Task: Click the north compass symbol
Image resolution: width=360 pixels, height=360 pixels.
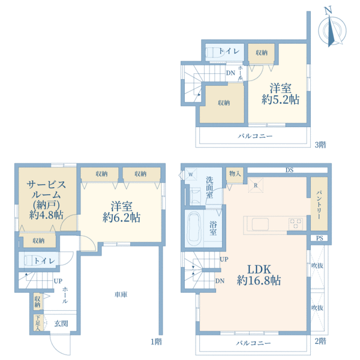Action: coord(332,29)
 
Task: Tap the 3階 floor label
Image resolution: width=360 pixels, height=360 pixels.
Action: coord(320,145)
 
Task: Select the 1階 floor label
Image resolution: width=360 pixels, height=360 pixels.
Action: coord(157,342)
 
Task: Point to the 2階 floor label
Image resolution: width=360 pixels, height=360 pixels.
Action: coord(320,341)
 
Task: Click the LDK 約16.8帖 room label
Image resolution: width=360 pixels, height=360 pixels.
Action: coord(259,275)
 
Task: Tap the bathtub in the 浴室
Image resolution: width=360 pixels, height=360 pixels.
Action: coord(194,229)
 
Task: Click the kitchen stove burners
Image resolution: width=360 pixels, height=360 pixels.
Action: coord(295,224)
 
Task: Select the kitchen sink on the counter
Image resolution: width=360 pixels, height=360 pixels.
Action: coord(260,224)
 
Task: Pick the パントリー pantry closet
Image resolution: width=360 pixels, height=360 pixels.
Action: coord(319,203)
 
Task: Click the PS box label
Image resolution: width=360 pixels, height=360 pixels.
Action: coord(320,238)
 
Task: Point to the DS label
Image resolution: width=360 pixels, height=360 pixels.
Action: coord(290,170)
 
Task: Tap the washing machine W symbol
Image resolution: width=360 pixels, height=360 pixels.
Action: coord(191,175)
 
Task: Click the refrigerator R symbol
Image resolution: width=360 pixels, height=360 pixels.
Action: coord(256,185)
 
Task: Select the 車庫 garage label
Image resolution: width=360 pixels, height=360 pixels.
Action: coord(121,295)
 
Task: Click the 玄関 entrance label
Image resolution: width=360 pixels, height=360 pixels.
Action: coord(61,323)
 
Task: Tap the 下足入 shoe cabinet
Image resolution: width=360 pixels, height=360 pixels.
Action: coord(38,323)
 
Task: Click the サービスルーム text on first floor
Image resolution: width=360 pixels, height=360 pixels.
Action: coord(46,190)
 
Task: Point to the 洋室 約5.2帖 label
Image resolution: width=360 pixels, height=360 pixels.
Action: coord(281,94)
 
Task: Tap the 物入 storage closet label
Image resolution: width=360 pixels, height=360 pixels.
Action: coord(235,174)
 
